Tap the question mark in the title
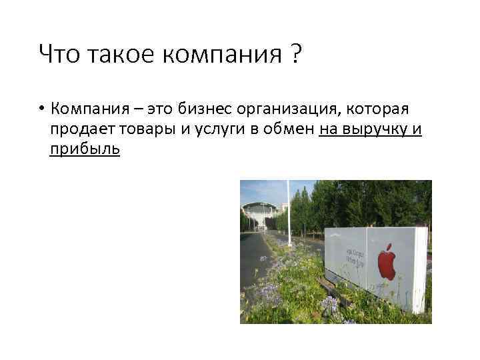pos(294,53)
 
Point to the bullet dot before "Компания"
pos(41,109)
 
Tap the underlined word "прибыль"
pos(85,149)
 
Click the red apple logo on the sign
pos(387,261)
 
